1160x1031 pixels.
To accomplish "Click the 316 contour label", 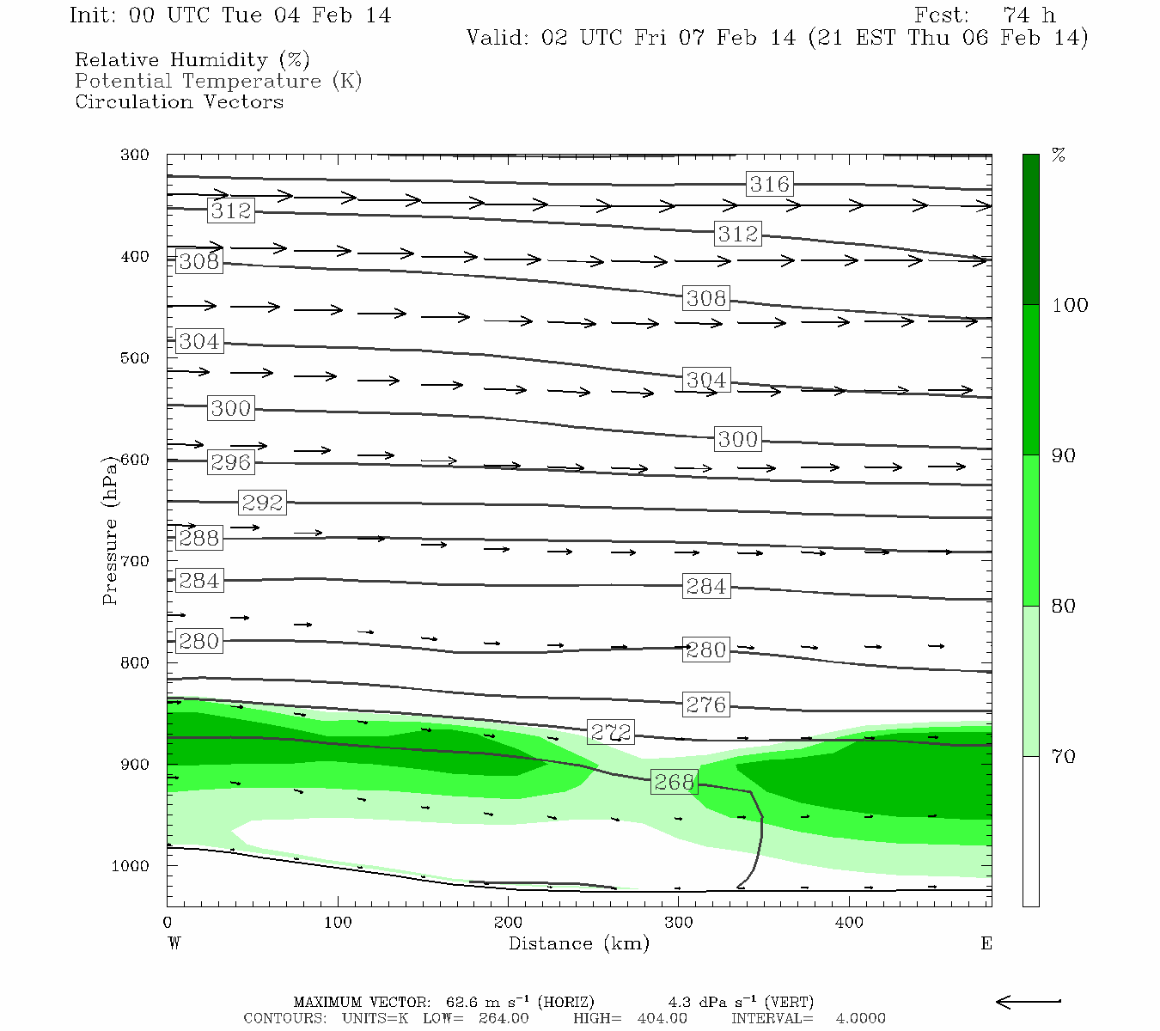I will pos(769,184).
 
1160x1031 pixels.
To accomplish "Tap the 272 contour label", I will pos(611,732).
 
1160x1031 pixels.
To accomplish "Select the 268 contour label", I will pos(674,782).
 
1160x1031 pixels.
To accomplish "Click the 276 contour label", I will pos(706,705).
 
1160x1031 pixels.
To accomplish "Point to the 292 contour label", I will pos(262,502).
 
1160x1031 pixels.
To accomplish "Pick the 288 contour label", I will pos(198,538).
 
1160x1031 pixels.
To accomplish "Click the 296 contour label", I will pos(231,462).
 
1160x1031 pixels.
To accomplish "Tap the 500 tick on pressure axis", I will pos(135,358).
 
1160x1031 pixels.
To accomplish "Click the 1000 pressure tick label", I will pos(131,866).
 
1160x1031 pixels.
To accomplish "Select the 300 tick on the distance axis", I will pos(679,923).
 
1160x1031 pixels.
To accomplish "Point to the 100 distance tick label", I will pos(338,923).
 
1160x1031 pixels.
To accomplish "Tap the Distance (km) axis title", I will pos(579,943).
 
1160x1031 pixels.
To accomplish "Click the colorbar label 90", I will pos(1064,455).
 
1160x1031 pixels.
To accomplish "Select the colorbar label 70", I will pos(1064,756).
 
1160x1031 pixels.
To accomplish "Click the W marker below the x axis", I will pos(174,943).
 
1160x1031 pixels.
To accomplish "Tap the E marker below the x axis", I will pos(986,943).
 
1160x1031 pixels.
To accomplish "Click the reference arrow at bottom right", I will pos(1029,1001).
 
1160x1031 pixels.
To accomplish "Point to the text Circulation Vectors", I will pos(179,101).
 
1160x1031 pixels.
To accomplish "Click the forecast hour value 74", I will pos(1016,15).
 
